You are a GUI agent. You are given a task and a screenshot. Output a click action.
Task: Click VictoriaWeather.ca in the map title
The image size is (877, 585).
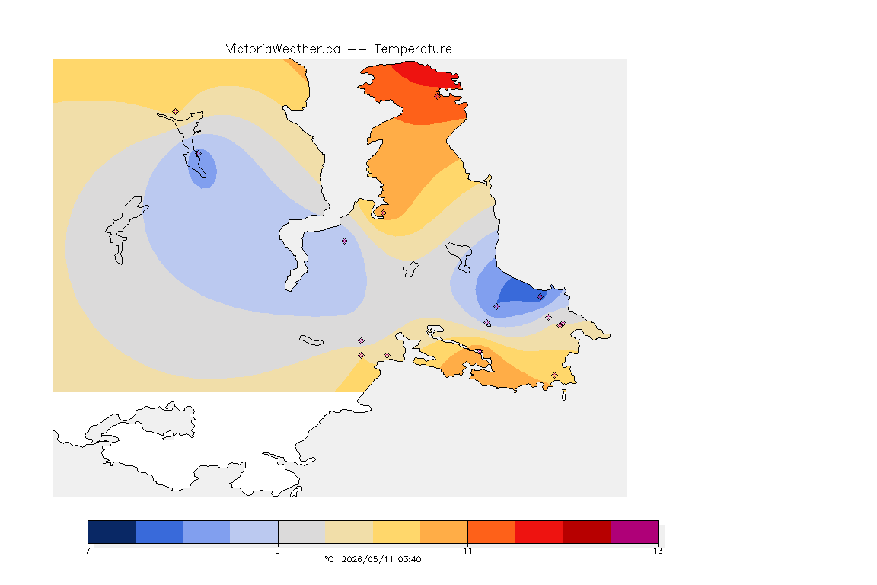tap(283, 50)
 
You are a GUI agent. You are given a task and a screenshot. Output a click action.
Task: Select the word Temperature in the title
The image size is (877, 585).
tap(413, 50)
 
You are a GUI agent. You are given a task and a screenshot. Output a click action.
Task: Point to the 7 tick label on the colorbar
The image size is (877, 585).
tap(88, 551)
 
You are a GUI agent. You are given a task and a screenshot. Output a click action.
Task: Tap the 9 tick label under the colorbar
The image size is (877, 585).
tap(277, 551)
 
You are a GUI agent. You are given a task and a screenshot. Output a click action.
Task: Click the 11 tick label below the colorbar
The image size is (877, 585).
tap(467, 551)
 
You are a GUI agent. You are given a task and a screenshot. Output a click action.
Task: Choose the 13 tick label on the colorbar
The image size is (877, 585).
tap(658, 551)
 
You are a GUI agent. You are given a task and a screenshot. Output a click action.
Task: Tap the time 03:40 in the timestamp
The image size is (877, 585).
tap(410, 559)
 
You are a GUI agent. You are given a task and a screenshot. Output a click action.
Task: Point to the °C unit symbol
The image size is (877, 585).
tap(329, 559)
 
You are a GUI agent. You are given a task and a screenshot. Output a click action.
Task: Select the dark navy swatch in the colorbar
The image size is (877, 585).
tap(112, 532)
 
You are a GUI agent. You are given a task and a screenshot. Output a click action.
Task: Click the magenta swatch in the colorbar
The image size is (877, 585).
tap(633, 532)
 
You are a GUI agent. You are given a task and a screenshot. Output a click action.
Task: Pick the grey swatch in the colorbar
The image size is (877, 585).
tap(301, 532)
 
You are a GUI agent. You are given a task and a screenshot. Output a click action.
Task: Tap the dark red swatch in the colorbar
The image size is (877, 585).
tap(586, 532)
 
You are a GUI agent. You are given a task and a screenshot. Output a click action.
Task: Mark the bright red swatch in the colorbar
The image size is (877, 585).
tap(539, 532)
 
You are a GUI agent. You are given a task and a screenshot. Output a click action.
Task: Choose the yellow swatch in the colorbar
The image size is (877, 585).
tap(397, 532)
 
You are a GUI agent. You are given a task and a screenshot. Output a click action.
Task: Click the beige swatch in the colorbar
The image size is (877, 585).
tap(349, 532)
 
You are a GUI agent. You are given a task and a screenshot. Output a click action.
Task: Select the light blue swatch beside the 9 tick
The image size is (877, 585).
tap(254, 532)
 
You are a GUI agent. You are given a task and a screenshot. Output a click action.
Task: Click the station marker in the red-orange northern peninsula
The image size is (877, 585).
tap(438, 96)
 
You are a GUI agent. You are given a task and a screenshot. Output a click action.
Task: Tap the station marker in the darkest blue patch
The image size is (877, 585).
tap(540, 297)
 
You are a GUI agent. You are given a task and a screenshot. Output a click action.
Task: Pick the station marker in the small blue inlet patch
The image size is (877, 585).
tap(198, 153)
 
